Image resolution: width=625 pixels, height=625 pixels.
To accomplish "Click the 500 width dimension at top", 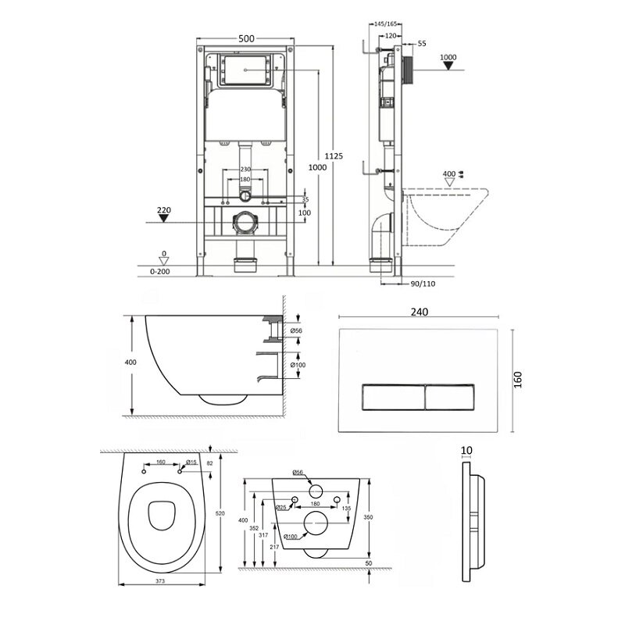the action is click(x=246, y=38).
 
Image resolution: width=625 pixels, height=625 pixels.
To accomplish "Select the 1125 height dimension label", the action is click(x=334, y=156).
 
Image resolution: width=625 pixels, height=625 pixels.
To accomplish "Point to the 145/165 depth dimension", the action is click(x=384, y=24).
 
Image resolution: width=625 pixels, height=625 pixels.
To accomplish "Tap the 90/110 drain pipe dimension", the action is click(x=423, y=284).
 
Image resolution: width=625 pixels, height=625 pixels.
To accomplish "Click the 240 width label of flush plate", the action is click(x=420, y=312).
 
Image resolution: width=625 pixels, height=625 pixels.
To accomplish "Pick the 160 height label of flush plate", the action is click(x=518, y=380).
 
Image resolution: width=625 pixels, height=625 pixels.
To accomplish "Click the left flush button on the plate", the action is click(x=394, y=397).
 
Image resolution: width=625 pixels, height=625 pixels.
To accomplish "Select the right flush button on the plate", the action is click(x=450, y=397).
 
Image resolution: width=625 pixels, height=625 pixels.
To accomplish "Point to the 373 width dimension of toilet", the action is click(x=160, y=581).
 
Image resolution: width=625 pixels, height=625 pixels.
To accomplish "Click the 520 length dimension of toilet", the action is click(x=220, y=513).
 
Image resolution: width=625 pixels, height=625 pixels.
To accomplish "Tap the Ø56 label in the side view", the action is click(x=296, y=330).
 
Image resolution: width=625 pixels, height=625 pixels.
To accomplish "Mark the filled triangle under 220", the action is click(x=164, y=218).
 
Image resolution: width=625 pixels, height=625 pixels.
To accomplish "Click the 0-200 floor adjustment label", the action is click(x=160, y=271).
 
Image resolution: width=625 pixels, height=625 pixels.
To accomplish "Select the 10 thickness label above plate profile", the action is click(x=466, y=451).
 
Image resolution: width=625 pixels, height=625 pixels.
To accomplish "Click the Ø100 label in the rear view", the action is click(x=291, y=537).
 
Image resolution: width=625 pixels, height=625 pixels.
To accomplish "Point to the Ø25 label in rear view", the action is click(x=281, y=507).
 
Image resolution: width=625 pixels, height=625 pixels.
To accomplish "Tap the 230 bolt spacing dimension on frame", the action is click(x=245, y=170).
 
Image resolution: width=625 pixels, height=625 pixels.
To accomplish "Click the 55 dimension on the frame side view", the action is click(x=422, y=44).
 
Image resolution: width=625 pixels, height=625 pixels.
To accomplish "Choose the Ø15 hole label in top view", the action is click(x=191, y=462).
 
